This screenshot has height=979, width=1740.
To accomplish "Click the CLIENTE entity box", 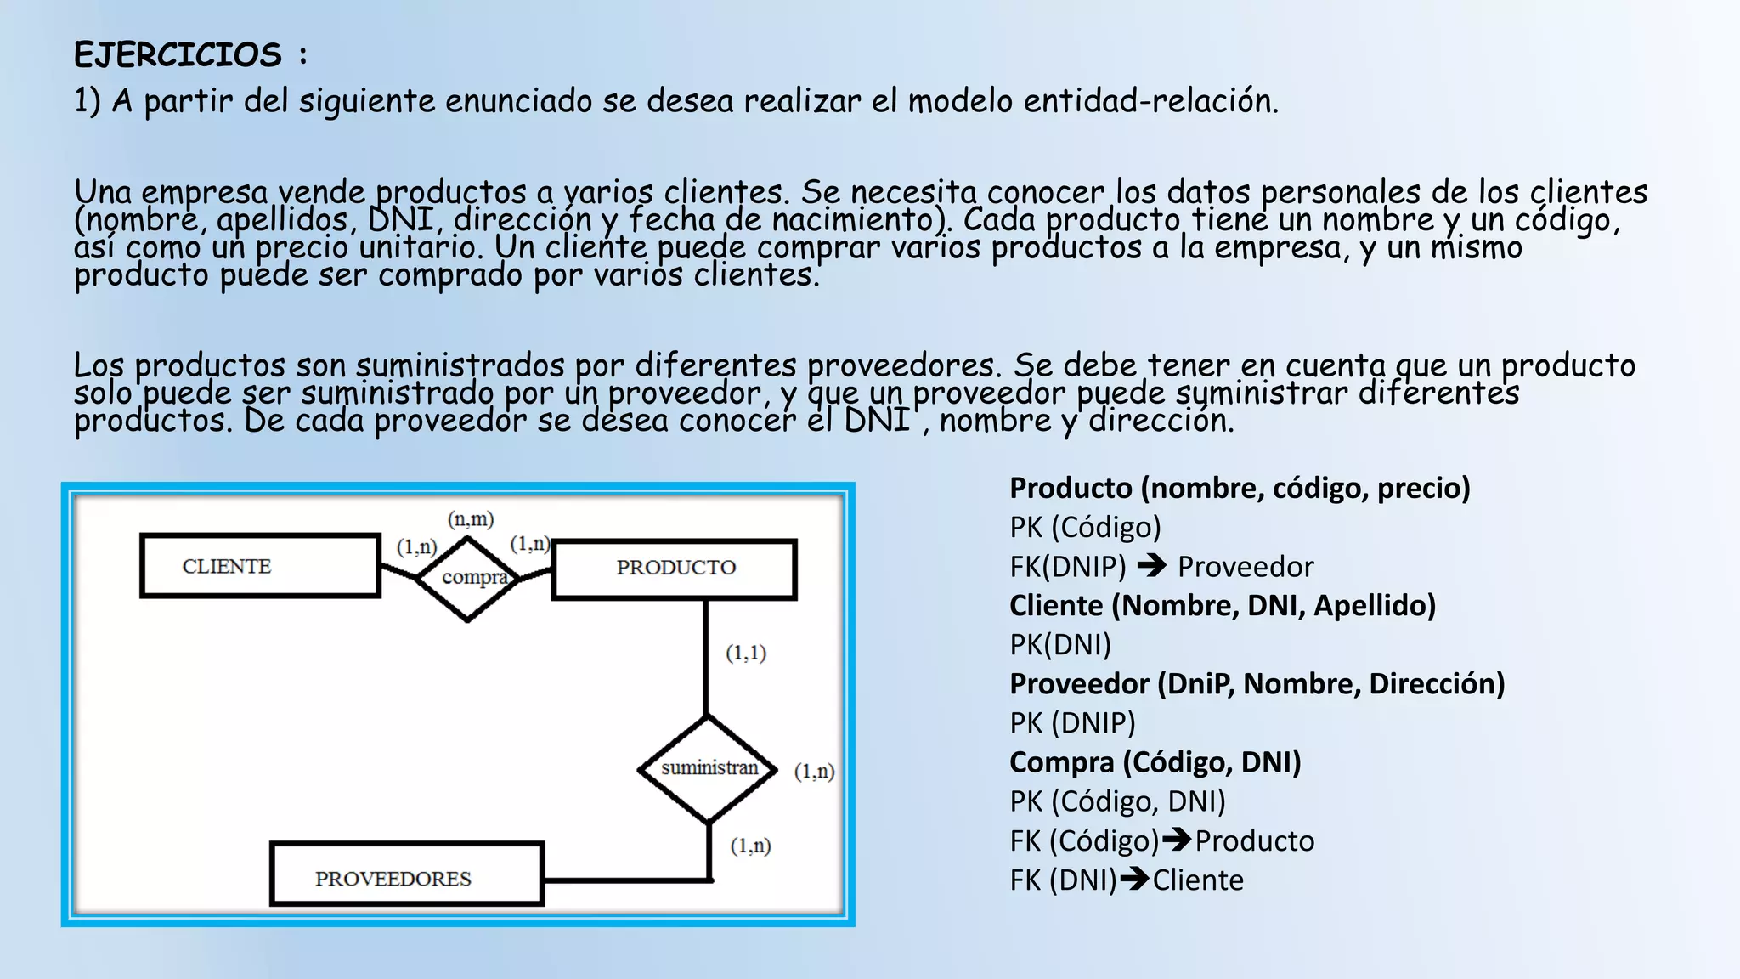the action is pos(260,566).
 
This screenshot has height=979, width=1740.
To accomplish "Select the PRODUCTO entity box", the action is pos(675,569).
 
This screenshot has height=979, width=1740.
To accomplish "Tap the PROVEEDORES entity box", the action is pos(406,875).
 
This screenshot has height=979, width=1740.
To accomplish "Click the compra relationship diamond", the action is pos(468,579).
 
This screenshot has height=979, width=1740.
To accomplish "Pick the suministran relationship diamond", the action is pos(708,769).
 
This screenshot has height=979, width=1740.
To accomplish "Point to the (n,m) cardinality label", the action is pos(471,519).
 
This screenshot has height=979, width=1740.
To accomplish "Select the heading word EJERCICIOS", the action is pos(178,55).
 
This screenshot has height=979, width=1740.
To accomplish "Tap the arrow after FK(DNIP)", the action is pos(1151,565).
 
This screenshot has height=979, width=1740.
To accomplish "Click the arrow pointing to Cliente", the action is pos(1135,879).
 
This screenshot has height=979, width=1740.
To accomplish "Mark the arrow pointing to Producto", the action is pos(1177,840).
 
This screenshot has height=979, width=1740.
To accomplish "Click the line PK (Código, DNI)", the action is pos(1117,801).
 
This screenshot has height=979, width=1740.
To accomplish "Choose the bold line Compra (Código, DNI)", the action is pos(1155,762).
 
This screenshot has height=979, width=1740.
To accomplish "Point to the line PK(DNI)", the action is pos(1060,645).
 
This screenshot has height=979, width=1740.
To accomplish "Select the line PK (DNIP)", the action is pos(1072,723).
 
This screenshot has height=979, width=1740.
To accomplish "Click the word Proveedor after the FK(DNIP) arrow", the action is pos(1246,567).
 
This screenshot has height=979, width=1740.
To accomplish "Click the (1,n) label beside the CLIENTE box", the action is pos(416,546).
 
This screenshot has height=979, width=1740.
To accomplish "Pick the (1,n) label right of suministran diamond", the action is pos(814,772).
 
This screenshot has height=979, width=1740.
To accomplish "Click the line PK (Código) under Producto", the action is pos(1085,528).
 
